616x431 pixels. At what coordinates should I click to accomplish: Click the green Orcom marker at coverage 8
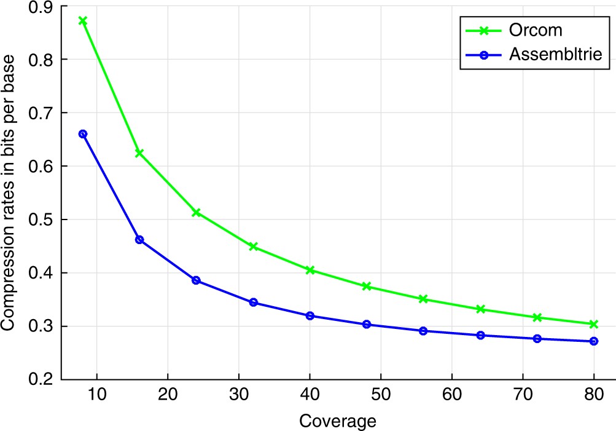pyautogui.click(x=83, y=21)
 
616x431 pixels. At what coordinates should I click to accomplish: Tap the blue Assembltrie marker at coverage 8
pyautogui.click(x=83, y=134)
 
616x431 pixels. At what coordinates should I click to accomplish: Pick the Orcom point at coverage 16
pyautogui.click(x=139, y=152)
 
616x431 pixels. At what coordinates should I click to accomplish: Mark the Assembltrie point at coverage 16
pyautogui.click(x=139, y=239)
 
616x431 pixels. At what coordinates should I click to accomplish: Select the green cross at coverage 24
pyautogui.click(x=196, y=212)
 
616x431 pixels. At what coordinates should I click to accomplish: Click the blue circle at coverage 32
pyautogui.click(x=253, y=302)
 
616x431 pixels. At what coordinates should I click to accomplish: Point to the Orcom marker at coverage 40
pyautogui.click(x=310, y=270)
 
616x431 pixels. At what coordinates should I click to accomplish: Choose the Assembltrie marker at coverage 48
pyautogui.click(x=367, y=324)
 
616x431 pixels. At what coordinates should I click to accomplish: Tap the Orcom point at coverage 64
pyautogui.click(x=480, y=309)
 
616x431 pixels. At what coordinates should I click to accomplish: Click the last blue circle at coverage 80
pyautogui.click(x=594, y=341)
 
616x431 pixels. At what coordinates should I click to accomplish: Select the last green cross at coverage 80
pyautogui.click(x=594, y=324)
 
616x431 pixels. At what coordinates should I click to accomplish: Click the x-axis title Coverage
pyautogui.click(x=338, y=421)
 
